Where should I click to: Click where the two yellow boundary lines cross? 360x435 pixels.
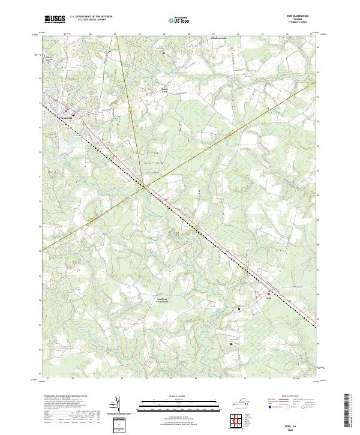point(143,187)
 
